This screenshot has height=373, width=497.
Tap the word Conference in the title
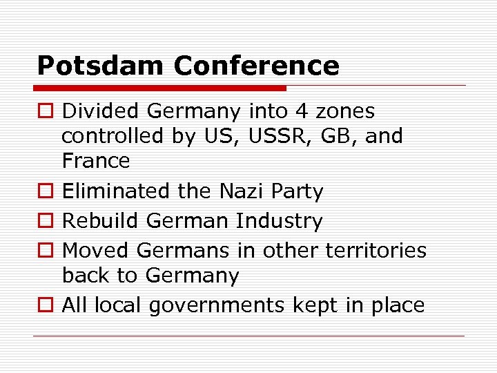256,66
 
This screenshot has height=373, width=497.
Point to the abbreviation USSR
262,136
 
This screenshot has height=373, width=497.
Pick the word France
96,161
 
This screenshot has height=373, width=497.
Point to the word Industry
279,221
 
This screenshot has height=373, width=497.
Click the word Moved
96,250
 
